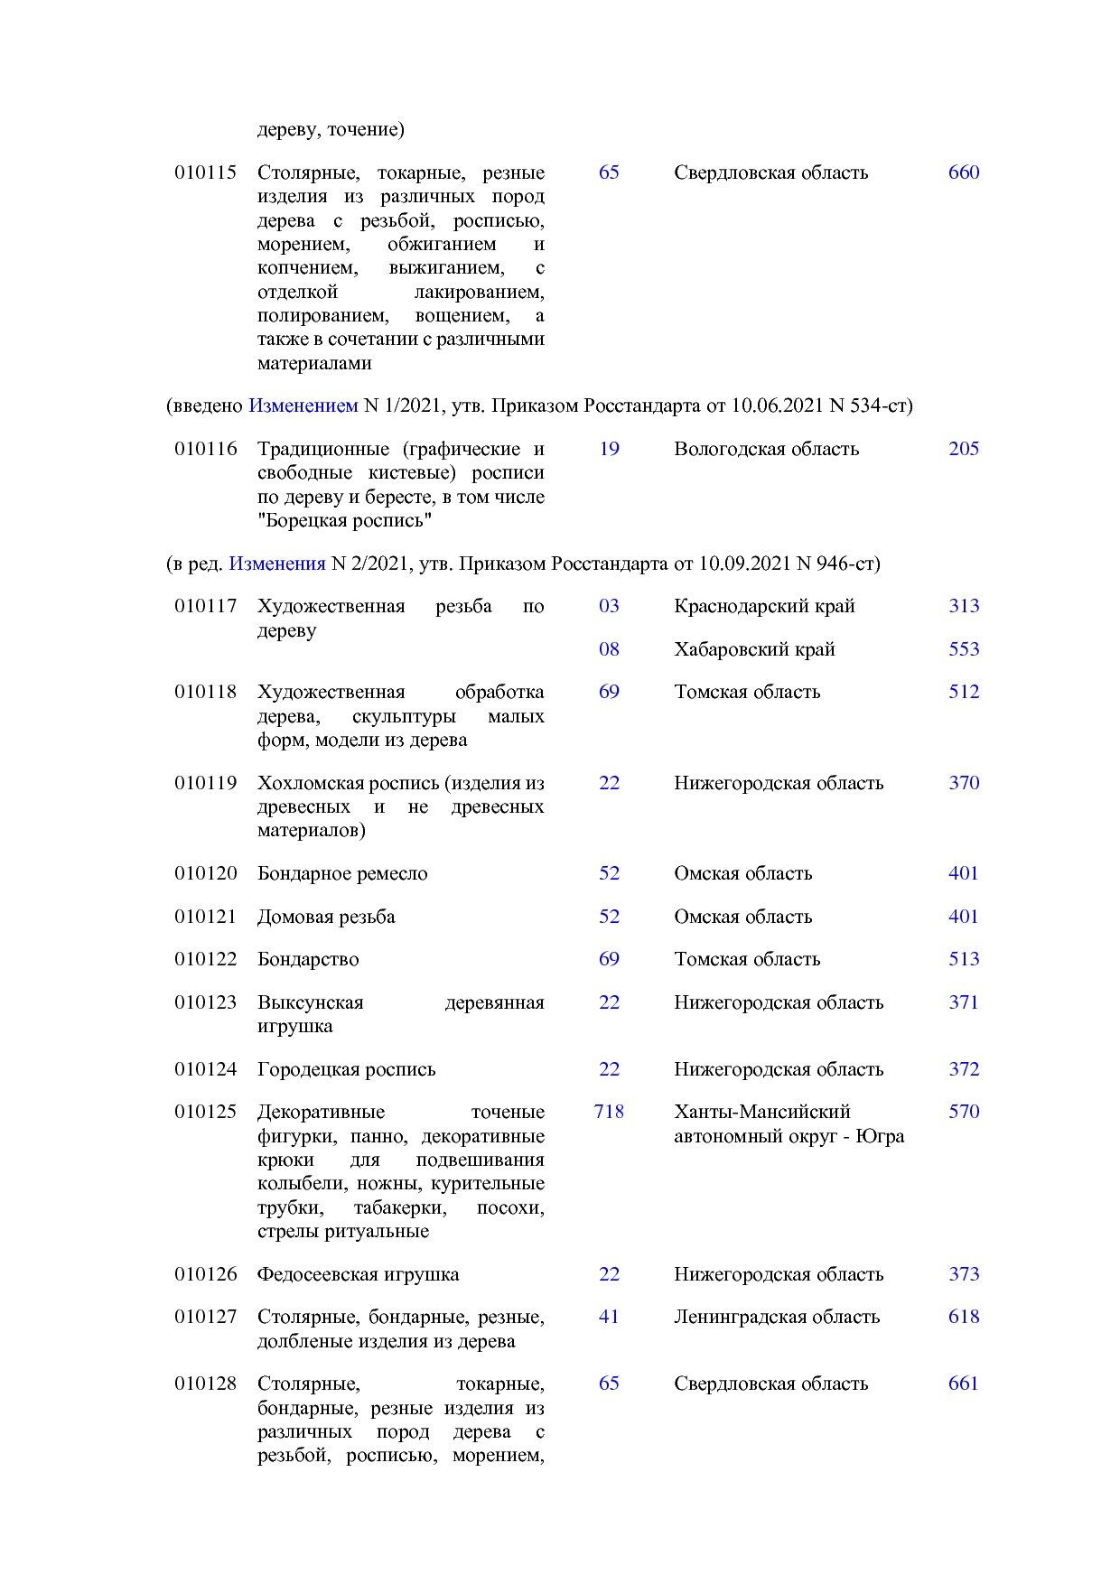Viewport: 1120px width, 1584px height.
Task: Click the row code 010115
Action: pyautogui.click(x=205, y=172)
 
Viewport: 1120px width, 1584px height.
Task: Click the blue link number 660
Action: pyautogui.click(x=963, y=172)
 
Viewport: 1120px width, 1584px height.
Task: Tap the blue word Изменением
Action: pyautogui.click(x=303, y=406)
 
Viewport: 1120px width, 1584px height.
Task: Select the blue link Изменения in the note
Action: pyautogui.click(x=276, y=564)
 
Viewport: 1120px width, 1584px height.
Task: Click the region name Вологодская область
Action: pyautogui.click(x=766, y=449)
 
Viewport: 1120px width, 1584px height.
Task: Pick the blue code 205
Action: pyautogui.click(x=963, y=449)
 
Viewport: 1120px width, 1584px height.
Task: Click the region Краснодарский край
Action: pyautogui.click(x=764, y=606)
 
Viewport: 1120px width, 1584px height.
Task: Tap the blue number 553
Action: pyautogui.click(x=963, y=649)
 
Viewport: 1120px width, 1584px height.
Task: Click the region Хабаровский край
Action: pyautogui.click(x=754, y=649)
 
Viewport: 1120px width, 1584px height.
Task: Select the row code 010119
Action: pyautogui.click(x=205, y=783)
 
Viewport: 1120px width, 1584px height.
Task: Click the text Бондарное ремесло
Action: pyautogui.click(x=342, y=873)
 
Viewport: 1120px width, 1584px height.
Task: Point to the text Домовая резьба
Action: pyautogui.click(x=326, y=917)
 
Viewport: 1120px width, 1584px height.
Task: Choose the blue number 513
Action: pyautogui.click(x=963, y=959)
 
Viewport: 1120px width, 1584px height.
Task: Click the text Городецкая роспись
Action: pyautogui.click(x=346, y=1069)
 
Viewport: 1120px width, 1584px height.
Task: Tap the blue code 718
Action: pyautogui.click(x=609, y=1112)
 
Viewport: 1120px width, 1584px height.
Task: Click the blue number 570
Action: pyautogui.click(x=963, y=1112)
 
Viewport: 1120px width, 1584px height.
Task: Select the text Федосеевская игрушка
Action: pyautogui.click(x=358, y=1274)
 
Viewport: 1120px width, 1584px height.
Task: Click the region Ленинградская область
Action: pyautogui.click(x=777, y=1317)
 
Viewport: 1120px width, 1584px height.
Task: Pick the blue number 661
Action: pyautogui.click(x=963, y=1384)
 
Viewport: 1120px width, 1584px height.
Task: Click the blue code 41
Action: pyautogui.click(x=609, y=1317)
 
